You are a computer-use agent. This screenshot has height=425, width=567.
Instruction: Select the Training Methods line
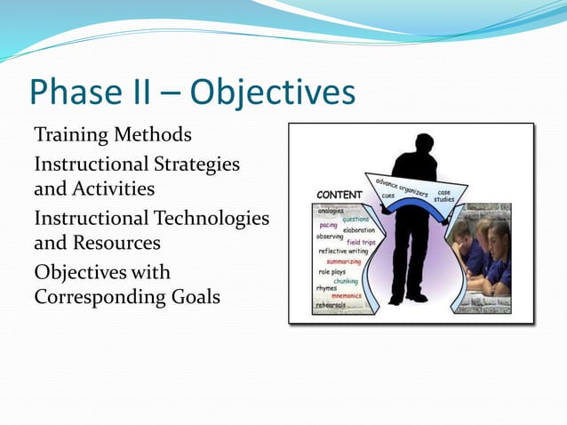[112, 135]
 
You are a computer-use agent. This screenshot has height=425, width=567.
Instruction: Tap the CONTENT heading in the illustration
[339, 195]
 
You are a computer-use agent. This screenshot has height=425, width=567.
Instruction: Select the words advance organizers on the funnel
[401, 187]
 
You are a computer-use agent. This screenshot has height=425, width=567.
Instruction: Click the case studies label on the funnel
[443, 196]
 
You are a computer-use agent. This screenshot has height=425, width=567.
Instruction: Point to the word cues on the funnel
[388, 197]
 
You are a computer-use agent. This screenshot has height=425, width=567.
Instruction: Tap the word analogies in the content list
[331, 211]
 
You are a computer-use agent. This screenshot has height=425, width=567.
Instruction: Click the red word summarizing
[343, 261]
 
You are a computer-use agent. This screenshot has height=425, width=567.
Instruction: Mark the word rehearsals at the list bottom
[331, 306]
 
